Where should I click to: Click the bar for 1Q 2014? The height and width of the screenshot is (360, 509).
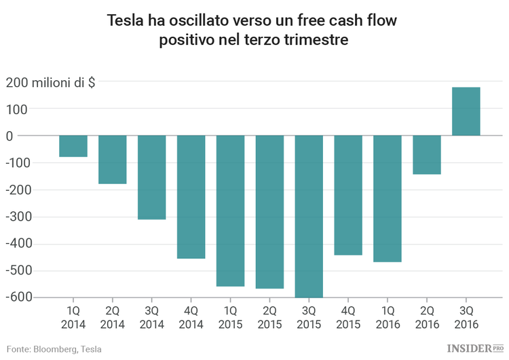click(73, 146)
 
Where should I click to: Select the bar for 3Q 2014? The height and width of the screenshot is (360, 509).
click(152, 177)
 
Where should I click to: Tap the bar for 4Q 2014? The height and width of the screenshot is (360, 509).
click(191, 197)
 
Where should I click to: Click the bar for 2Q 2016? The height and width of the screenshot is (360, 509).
click(428, 155)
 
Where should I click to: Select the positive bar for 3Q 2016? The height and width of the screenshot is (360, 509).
click(466, 111)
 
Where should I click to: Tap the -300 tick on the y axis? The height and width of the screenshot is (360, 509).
click(20, 217)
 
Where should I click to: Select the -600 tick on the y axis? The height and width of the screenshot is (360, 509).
click(20, 298)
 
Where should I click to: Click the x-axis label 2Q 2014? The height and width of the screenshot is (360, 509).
click(113, 318)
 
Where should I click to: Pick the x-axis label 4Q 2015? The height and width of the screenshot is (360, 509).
click(349, 318)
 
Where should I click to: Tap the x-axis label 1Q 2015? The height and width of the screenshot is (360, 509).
click(231, 318)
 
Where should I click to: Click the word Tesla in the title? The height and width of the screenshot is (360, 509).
click(124, 21)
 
